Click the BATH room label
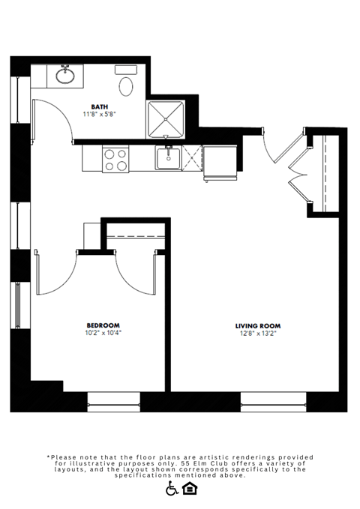(99, 106)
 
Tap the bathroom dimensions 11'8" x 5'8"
(99, 115)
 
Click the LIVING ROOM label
(258, 325)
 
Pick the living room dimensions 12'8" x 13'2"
(258, 333)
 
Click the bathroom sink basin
(65, 75)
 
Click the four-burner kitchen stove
(115, 159)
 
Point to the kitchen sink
(168, 158)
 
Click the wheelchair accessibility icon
(172, 489)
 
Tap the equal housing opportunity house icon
(190, 489)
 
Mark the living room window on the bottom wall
(273, 402)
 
